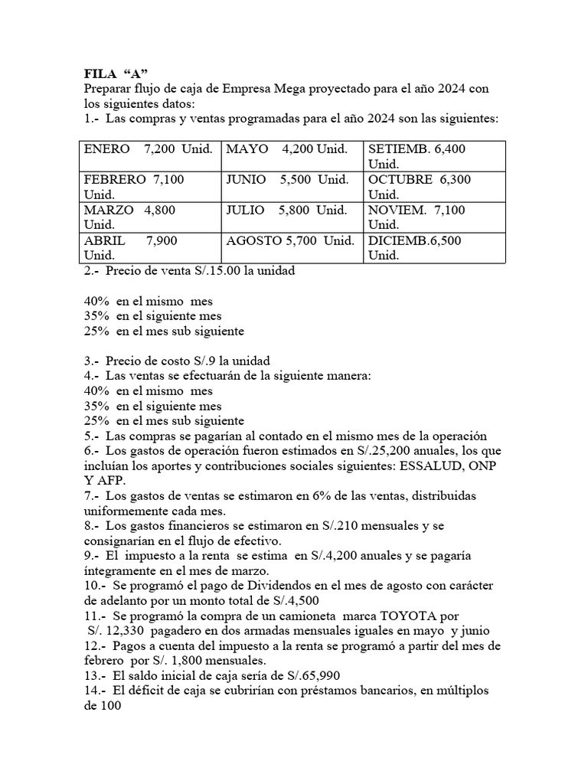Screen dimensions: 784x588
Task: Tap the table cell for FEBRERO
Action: [149, 187]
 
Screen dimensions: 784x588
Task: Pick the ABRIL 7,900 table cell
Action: [149, 247]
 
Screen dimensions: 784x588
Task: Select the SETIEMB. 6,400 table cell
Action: [433, 155]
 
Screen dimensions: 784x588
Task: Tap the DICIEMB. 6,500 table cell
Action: [433, 247]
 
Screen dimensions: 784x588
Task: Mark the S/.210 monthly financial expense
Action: [328, 526]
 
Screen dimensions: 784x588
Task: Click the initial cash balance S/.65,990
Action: [308, 675]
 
